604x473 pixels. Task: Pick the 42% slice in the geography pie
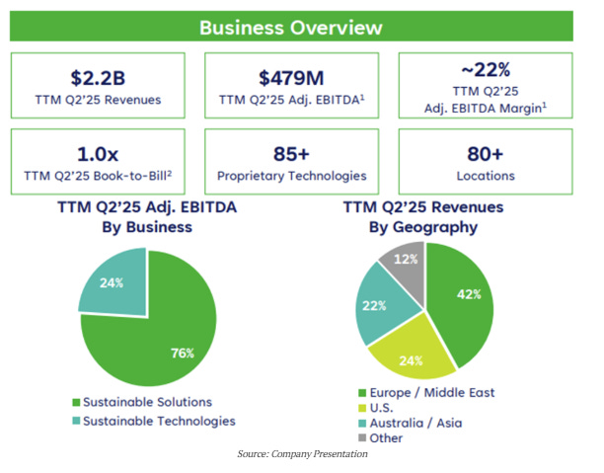point(464,296)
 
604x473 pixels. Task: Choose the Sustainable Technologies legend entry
point(154,421)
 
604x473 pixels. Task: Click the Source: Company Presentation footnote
point(302,454)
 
